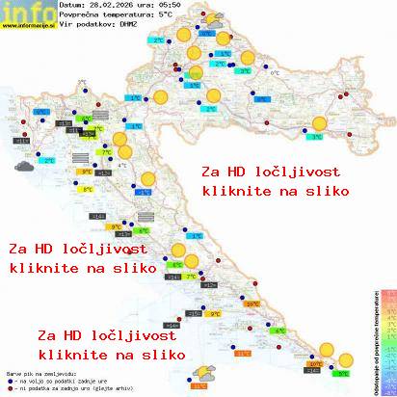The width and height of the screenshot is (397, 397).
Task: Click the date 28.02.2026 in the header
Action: pyautogui.click(x=114, y=5)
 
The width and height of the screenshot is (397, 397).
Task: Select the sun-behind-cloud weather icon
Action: pyautogui.click(x=203, y=371)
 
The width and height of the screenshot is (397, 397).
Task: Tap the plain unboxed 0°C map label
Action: pyautogui.click(x=274, y=72)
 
